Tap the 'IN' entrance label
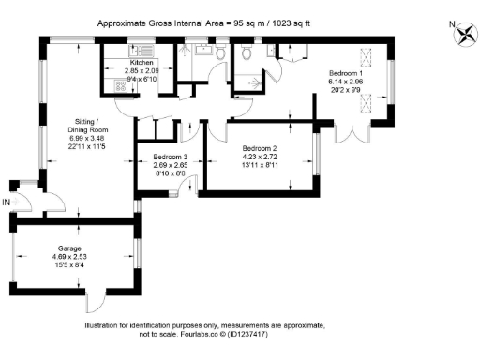click(7, 201)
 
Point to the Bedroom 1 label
click(347, 72)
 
